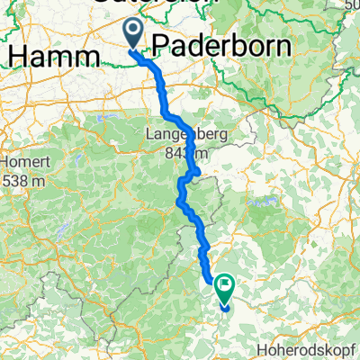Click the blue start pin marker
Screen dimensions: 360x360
pos(131,35)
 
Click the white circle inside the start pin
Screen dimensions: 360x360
pos(131,31)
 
